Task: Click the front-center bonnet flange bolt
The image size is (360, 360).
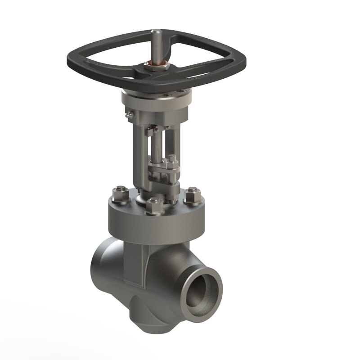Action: point(154,205)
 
